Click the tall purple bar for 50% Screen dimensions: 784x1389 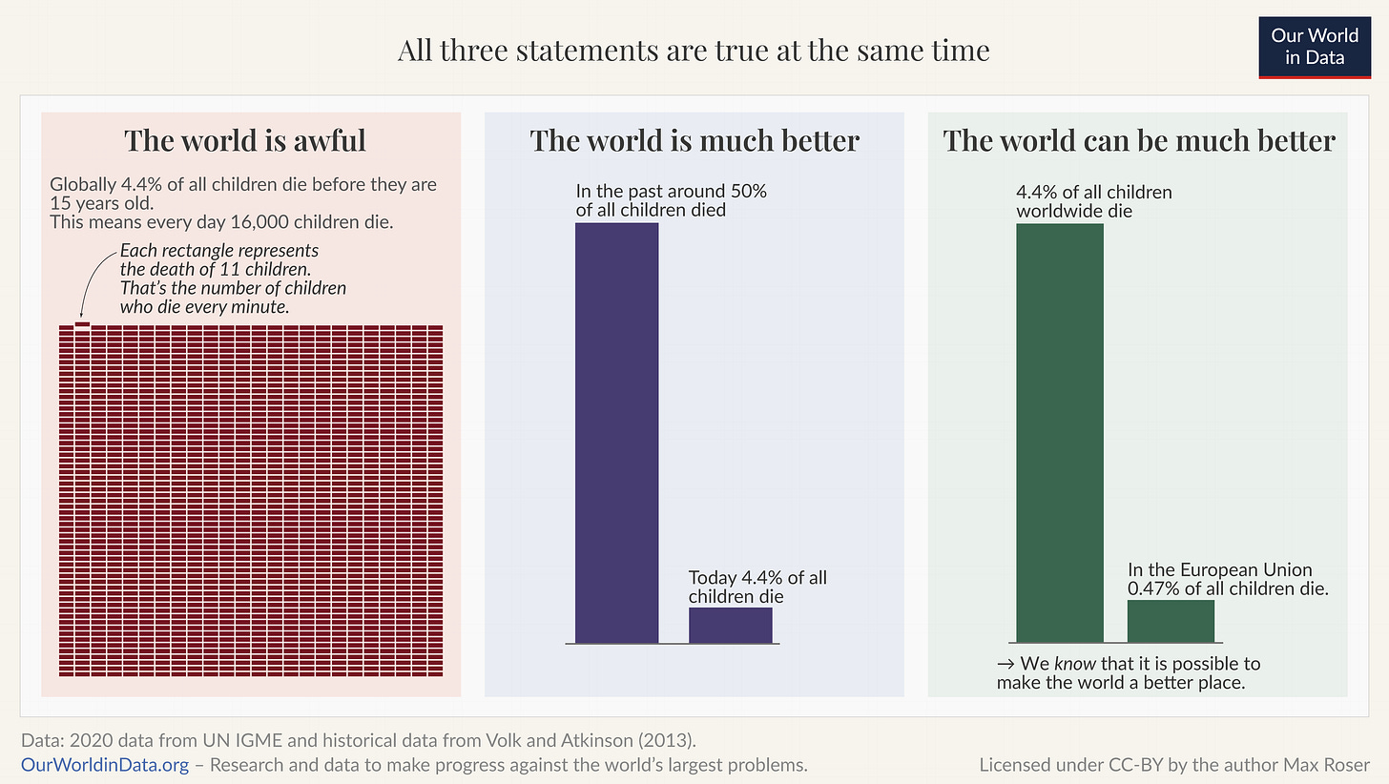(x=616, y=432)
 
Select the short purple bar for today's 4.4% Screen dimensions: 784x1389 (x=730, y=625)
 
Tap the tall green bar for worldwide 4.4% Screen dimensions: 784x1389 (x=1060, y=432)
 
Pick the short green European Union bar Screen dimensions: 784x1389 (x=1171, y=621)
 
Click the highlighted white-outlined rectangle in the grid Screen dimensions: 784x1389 (x=82, y=325)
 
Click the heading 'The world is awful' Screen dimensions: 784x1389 (x=245, y=140)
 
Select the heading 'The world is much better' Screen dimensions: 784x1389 (x=694, y=140)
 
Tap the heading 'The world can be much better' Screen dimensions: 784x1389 (x=1138, y=140)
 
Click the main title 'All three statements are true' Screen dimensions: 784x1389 (x=694, y=50)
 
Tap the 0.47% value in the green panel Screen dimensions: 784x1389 (x=1153, y=588)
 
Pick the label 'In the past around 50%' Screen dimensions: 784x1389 (x=671, y=192)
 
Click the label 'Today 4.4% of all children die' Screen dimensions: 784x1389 (x=757, y=587)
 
